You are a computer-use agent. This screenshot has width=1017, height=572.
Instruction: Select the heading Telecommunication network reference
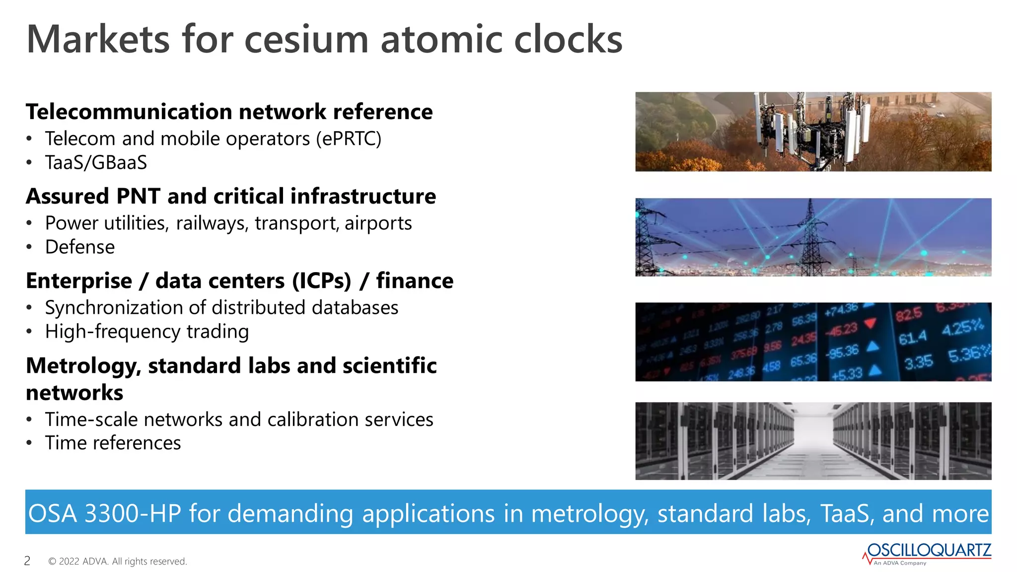point(229,112)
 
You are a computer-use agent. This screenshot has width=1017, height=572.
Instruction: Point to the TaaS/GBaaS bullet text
point(96,163)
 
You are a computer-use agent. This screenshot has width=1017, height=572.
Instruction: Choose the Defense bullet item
point(80,247)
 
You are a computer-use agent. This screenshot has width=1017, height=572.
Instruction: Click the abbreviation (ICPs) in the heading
point(321,281)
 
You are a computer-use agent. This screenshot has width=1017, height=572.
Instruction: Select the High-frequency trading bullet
point(147,332)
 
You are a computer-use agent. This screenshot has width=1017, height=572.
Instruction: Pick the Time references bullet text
point(113,443)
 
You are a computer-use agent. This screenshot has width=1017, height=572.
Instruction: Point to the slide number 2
point(27,561)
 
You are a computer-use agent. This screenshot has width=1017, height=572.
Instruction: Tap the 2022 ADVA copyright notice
point(118,562)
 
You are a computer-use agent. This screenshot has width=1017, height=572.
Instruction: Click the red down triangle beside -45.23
point(870,324)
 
